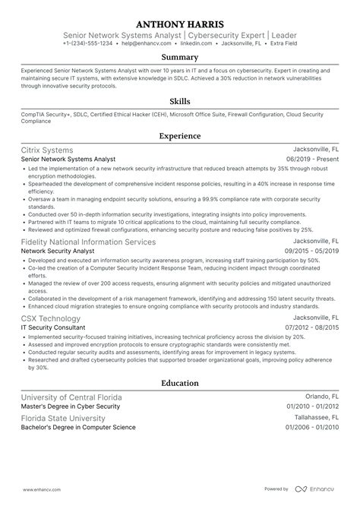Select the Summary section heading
point(180,57)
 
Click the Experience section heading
point(180,136)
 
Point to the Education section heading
point(180,384)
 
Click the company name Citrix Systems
point(49,150)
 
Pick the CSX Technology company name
point(51,318)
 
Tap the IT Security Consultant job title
point(55,327)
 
